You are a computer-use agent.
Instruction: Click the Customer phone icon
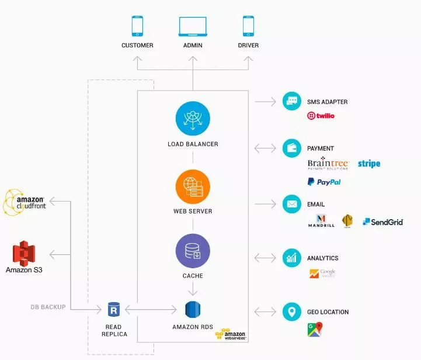pos(137,26)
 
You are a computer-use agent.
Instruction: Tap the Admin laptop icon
pos(193,26)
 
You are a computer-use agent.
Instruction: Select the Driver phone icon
pos(248,26)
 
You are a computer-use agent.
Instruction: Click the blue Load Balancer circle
pos(193,119)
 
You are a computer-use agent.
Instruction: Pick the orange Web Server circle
pos(193,186)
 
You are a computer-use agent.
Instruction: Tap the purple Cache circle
pos(193,251)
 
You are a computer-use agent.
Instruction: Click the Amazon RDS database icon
pos(193,309)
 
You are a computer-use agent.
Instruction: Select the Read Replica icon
pos(113,309)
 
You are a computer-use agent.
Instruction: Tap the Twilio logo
pos(321,116)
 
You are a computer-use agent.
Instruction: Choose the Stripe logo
pos(369,164)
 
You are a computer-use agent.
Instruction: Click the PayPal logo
pos(324,182)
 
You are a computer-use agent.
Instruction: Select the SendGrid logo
pos(382,222)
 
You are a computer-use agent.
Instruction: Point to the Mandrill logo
pos(321,221)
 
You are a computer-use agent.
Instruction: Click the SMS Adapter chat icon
pos(291,101)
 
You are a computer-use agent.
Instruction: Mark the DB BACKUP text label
pos(48,307)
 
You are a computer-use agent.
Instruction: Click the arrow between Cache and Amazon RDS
pos(193,288)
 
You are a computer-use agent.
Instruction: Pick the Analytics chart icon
pos(291,258)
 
